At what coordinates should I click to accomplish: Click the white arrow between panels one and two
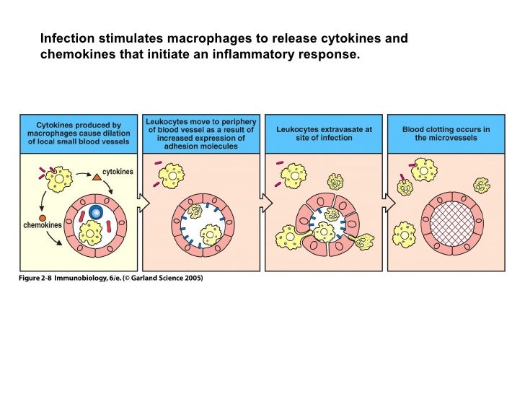pos(143,205)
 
